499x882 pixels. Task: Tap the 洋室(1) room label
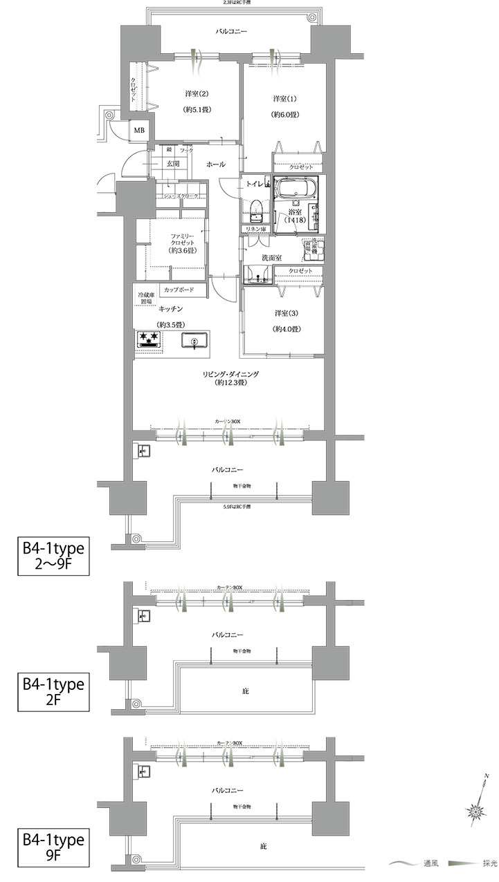point(280,99)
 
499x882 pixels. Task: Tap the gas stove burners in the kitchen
point(148,339)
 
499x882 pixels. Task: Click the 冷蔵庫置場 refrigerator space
point(145,299)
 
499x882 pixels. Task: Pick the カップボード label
point(184,289)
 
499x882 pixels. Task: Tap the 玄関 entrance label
point(172,164)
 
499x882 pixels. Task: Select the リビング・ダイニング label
point(230,374)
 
